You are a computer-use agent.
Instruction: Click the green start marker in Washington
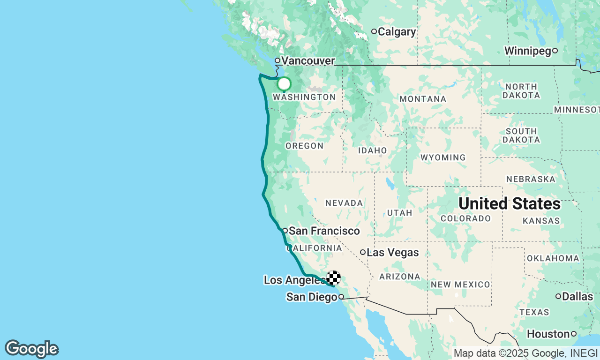[x=284, y=84]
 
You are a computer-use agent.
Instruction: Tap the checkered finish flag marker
[x=333, y=278]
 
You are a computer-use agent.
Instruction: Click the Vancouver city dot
[x=277, y=60]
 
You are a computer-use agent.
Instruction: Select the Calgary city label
[x=397, y=32]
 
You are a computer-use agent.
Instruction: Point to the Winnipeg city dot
[x=555, y=51]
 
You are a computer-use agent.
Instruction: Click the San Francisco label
[x=324, y=231]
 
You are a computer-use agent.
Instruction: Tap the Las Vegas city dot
[x=363, y=252]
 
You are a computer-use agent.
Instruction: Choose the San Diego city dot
[x=341, y=297]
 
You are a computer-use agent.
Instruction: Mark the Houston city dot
[x=573, y=334]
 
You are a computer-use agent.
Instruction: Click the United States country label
[x=509, y=203]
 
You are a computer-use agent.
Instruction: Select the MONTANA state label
[x=422, y=99]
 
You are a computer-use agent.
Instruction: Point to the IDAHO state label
[x=372, y=150]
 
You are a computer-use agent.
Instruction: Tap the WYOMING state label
[x=443, y=157]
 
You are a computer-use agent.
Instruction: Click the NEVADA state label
[x=344, y=203]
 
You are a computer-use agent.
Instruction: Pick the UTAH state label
[x=399, y=213]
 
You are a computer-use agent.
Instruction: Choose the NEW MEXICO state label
[x=460, y=285]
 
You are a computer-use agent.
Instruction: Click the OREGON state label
[x=304, y=146]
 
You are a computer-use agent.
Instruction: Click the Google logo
[x=32, y=349]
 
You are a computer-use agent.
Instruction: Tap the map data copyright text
[x=525, y=353]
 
